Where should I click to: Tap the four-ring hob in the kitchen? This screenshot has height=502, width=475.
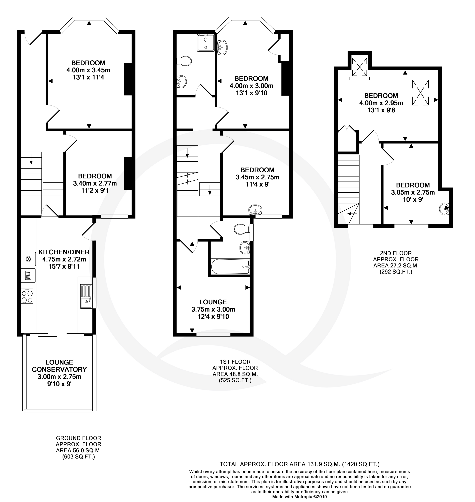(x=27, y=296)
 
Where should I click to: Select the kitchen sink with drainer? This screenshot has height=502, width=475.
(x=86, y=296)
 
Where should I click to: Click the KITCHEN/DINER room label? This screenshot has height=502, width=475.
(x=64, y=252)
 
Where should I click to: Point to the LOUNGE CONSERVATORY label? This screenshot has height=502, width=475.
(x=59, y=366)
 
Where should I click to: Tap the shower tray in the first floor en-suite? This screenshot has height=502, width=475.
(x=206, y=43)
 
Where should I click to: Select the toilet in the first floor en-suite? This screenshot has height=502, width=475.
(x=184, y=61)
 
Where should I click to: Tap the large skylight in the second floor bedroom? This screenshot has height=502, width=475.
(x=420, y=92)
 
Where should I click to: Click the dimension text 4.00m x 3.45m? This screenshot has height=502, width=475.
(x=88, y=70)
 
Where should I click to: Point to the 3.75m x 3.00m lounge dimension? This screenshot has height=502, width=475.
(x=213, y=309)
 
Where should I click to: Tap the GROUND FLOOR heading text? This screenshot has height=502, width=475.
(x=79, y=438)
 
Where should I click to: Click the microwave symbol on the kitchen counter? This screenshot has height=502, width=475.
(x=28, y=275)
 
